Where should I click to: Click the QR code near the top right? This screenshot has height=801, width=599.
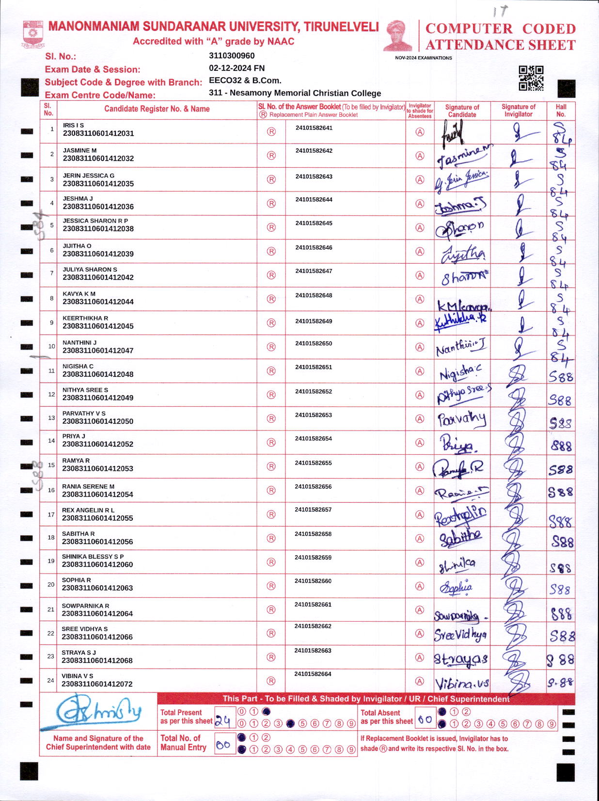click(531, 78)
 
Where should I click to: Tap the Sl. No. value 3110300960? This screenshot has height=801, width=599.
click(232, 56)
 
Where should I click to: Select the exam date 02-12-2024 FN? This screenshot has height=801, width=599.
click(236, 68)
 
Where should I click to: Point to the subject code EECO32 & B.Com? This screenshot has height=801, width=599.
click(245, 80)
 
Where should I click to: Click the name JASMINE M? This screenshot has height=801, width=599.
click(79, 150)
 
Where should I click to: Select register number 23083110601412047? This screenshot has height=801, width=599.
click(98, 351)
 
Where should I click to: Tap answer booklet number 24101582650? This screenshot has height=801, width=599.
click(314, 344)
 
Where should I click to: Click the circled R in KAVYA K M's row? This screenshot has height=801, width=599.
click(271, 299)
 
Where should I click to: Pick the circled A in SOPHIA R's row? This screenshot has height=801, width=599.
click(420, 586)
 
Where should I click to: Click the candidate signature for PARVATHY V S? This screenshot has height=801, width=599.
click(461, 419)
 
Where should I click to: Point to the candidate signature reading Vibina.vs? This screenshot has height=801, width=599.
click(461, 684)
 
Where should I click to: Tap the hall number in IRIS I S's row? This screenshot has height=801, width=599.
click(561, 133)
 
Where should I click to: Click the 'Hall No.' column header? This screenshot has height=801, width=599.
click(561, 111)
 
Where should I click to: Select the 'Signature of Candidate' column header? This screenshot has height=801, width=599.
click(462, 111)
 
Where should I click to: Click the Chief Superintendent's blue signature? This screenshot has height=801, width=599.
click(98, 712)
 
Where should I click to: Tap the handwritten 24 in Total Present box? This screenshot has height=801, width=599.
click(222, 721)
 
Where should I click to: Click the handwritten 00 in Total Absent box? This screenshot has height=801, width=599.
click(425, 720)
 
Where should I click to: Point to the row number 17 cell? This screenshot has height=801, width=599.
click(51, 514)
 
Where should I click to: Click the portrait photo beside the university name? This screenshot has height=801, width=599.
click(398, 35)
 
